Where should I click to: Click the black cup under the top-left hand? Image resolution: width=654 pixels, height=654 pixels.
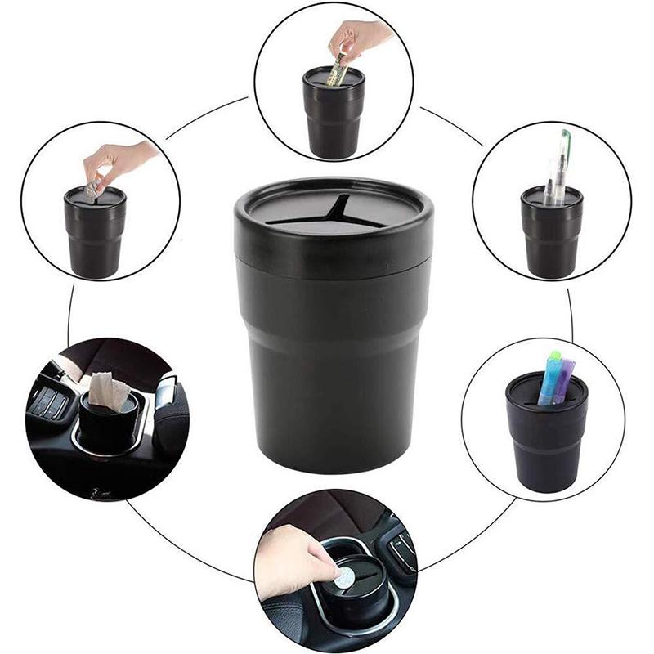[x=96, y=233]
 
